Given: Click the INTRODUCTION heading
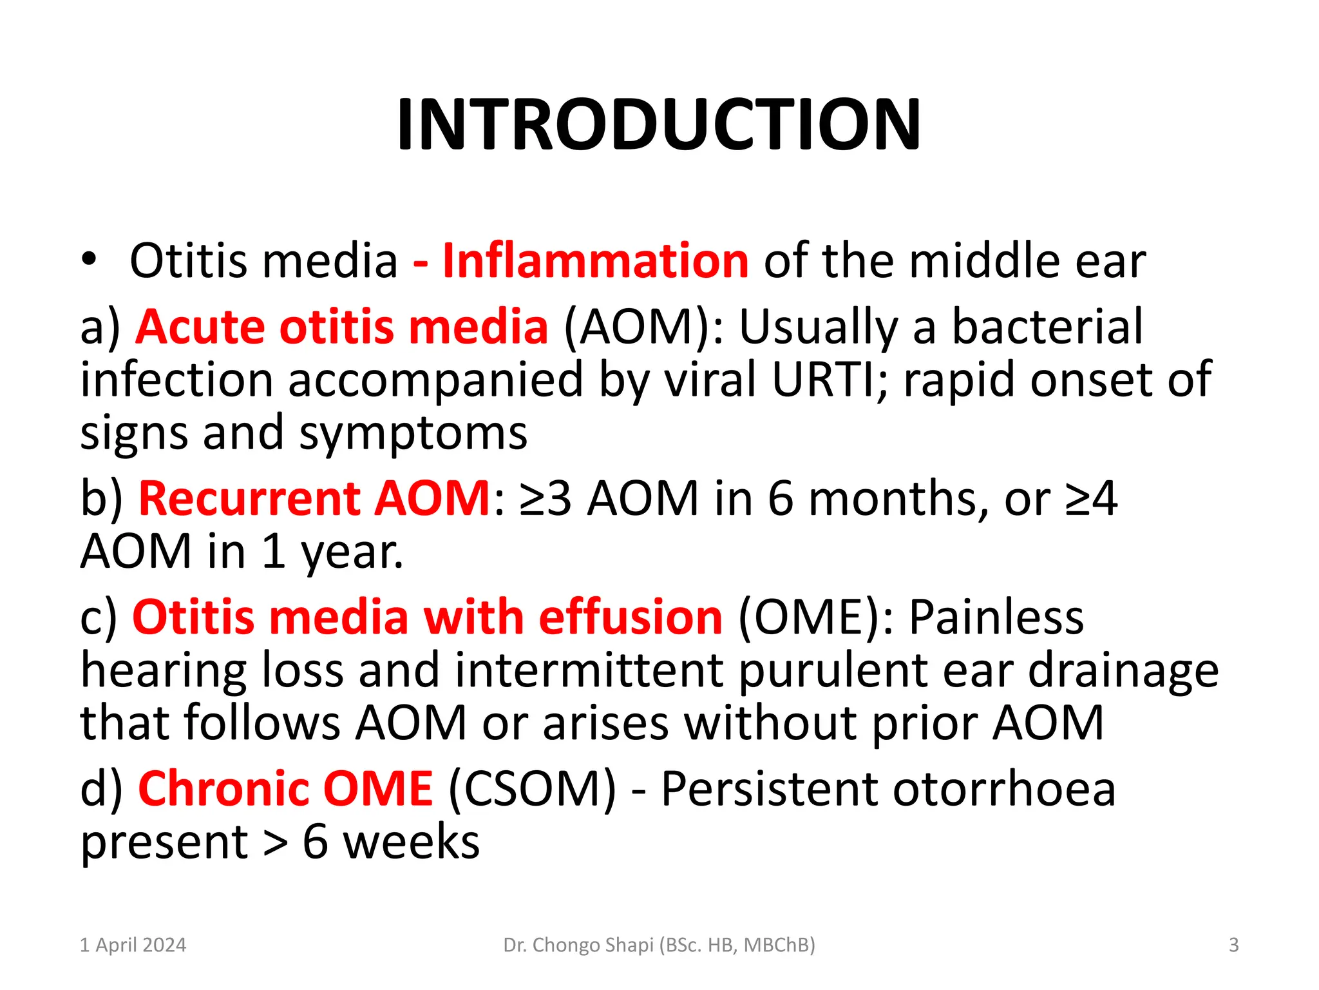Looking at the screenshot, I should [659, 124].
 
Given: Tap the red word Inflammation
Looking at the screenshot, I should [595, 260].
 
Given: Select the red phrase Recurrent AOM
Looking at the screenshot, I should [314, 498].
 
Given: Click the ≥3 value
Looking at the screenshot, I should [546, 498].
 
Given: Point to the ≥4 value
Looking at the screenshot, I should [1091, 498].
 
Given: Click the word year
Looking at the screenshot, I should [352, 552].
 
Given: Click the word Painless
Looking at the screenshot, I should [996, 617].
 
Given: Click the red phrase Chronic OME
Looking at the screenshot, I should [285, 788].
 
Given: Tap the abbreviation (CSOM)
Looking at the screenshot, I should [531, 788].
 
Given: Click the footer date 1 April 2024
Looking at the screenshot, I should [133, 945].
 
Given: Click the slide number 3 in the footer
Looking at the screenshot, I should [1233, 945].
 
